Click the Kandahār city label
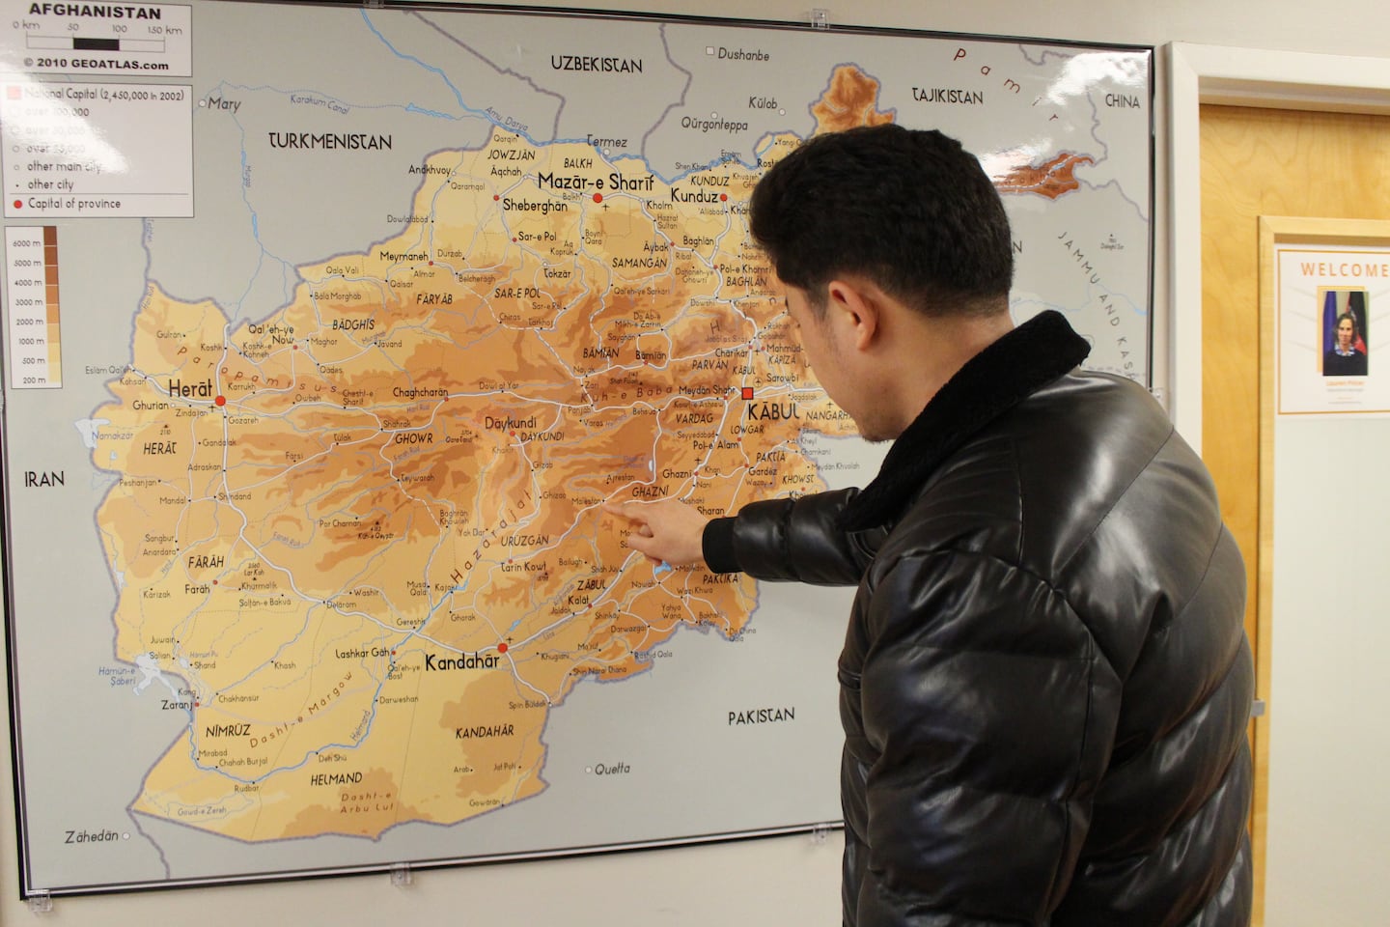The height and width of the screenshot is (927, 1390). pyautogui.click(x=462, y=662)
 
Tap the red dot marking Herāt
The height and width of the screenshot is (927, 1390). pyautogui.click(x=220, y=400)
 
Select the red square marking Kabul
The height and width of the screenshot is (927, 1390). pyautogui.click(x=747, y=393)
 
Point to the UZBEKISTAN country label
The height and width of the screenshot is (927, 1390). pyautogui.click(x=596, y=65)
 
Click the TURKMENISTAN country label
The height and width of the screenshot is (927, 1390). pyautogui.click(x=330, y=141)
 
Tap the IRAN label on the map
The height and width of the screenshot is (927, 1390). pyautogui.click(x=44, y=479)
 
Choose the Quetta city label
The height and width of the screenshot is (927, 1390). pyautogui.click(x=612, y=769)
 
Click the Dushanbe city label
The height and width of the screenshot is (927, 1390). pyautogui.click(x=743, y=54)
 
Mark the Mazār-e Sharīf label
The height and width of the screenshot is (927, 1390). pyautogui.click(x=595, y=182)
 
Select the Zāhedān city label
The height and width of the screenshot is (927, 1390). pyautogui.click(x=92, y=836)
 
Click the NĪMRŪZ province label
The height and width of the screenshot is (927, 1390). pyautogui.click(x=228, y=731)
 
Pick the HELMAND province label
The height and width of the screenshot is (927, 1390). pyautogui.click(x=336, y=778)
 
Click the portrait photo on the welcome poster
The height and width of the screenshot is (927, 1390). pyautogui.click(x=1344, y=332)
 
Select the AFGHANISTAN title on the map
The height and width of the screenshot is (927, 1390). pyautogui.click(x=95, y=12)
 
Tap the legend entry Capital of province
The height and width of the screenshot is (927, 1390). pyautogui.click(x=73, y=204)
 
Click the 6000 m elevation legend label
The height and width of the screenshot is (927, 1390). pyautogui.click(x=27, y=243)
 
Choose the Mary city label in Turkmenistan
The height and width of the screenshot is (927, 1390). pyautogui.click(x=224, y=103)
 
